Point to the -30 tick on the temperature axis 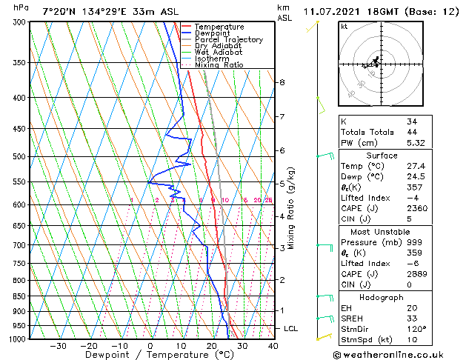(x=58, y=345)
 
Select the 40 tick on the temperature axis (x=273, y=345)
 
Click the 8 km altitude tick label (x=282, y=82)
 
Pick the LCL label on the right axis (x=291, y=328)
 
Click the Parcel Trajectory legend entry (x=228, y=39)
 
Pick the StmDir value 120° (x=416, y=329)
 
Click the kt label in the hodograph (x=344, y=26)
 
